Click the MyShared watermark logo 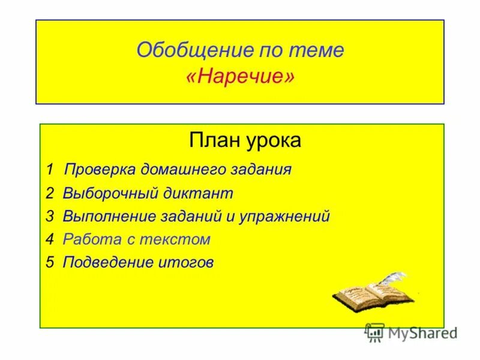pyautogui.click(x=411, y=332)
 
